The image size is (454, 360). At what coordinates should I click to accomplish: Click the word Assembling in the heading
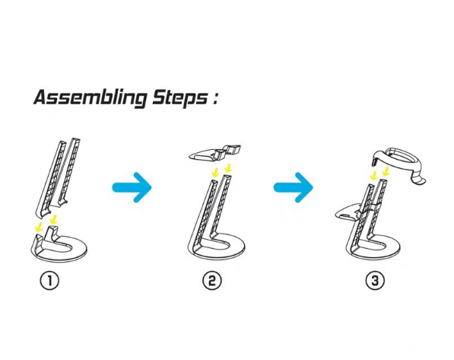click(90, 97)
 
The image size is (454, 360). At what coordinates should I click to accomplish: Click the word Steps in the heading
click(179, 97)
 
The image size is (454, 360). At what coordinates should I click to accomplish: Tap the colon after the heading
click(214, 98)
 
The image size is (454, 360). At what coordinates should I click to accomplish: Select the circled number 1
click(49, 281)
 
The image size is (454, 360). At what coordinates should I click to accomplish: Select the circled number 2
click(212, 281)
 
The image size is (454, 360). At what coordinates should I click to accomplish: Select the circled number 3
click(375, 281)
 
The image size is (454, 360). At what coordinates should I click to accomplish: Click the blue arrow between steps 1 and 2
click(132, 187)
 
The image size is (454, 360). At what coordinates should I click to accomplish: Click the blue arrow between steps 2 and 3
click(293, 187)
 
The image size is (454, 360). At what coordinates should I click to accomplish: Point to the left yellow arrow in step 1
click(39, 228)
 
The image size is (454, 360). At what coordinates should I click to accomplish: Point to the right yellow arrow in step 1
click(53, 219)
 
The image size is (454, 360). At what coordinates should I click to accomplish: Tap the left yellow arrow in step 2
click(215, 173)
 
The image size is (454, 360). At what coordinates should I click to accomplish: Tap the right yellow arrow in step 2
click(228, 168)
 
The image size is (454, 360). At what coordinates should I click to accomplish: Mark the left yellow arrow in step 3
click(374, 175)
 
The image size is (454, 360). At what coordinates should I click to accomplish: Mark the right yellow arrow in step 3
click(386, 172)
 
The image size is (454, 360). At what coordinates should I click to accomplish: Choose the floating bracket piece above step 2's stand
click(215, 152)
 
